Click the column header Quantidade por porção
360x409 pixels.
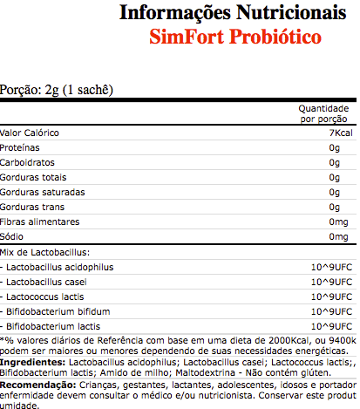tap(323, 113)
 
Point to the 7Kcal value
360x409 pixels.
tap(339, 133)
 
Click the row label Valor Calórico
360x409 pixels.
tap(30, 133)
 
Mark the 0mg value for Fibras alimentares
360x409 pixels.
tap(339, 222)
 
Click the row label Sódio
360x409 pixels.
tap(13, 236)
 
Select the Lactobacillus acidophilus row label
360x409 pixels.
tap(60, 267)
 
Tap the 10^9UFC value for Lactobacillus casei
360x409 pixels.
tap(329, 282)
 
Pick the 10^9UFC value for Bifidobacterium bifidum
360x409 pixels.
tap(329, 311)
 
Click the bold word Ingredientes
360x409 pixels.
tap(30, 360)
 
